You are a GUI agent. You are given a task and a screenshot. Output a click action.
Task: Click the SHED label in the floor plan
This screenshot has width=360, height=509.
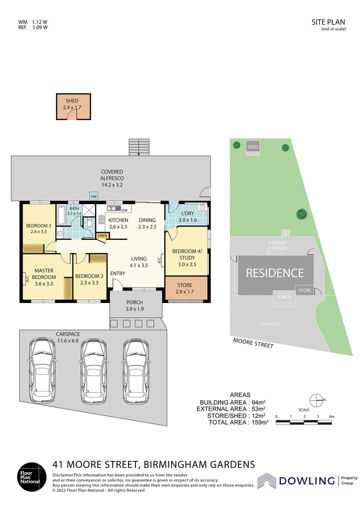72,101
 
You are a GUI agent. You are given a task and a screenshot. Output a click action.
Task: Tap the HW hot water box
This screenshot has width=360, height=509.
94,196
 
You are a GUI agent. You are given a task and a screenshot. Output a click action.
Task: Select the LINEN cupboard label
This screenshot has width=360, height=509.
101,236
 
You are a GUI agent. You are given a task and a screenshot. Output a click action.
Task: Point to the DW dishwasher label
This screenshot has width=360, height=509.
124,210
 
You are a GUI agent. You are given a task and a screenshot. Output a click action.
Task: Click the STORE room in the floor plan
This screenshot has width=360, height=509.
186,288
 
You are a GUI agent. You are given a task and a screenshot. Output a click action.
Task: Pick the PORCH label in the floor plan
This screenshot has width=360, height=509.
135,303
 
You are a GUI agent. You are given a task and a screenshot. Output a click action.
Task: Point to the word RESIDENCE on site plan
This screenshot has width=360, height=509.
275,272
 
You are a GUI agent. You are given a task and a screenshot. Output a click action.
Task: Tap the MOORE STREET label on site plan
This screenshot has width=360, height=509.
254,343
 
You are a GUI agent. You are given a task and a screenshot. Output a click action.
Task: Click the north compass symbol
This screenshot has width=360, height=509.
317,400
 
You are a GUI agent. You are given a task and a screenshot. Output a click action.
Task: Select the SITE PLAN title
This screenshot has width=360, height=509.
328,22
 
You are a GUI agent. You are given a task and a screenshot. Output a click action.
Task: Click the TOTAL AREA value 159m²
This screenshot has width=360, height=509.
260,423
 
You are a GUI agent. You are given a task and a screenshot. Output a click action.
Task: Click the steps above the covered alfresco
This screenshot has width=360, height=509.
139,147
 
